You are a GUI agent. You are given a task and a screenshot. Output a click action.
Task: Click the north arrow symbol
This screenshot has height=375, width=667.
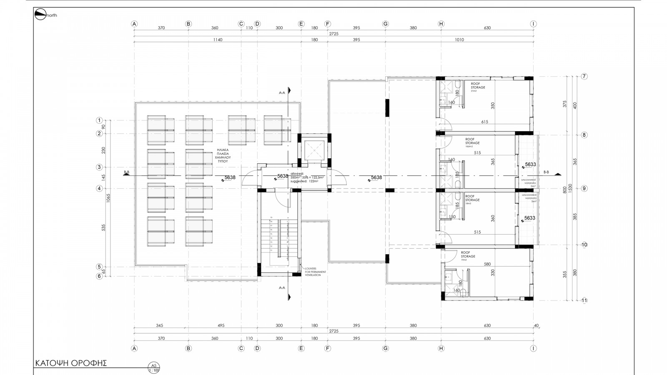click(x=40, y=15)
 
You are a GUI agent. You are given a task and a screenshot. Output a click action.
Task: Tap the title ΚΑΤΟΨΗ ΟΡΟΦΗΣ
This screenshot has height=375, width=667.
click(x=71, y=363)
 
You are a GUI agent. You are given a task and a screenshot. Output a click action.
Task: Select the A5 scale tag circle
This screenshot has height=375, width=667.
click(x=154, y=368)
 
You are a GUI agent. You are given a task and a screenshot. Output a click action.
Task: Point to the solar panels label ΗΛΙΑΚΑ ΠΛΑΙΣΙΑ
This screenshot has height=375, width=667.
click(x=223, y=155)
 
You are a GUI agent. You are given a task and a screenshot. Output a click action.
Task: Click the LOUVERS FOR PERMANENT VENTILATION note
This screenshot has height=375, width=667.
click(x=316, y=272)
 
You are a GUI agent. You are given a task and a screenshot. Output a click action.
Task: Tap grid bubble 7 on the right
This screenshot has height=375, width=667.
click(x=584, y=77)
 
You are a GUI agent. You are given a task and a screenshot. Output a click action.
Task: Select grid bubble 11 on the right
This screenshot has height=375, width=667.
click(x=584, y=300)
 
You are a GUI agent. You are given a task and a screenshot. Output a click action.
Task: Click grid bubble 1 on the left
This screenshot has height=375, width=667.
click(x=99, y=120)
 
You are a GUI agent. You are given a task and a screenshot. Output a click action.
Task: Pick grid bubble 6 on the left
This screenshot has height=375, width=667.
click(x=99, y=276)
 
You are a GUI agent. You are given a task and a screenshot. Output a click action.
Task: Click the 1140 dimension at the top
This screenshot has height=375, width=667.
click(x=218, y=40)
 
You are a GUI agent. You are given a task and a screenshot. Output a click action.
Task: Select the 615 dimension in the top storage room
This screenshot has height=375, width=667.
click(x=484, y=122)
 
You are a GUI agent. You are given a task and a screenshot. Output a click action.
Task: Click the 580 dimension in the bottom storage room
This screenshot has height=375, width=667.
click(x=487, y=264)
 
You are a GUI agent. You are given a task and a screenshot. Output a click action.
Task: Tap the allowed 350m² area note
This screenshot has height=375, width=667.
click(x=307, y=177)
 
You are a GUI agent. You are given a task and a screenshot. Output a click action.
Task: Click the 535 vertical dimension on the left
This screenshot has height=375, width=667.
click(x=103, y=227)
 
